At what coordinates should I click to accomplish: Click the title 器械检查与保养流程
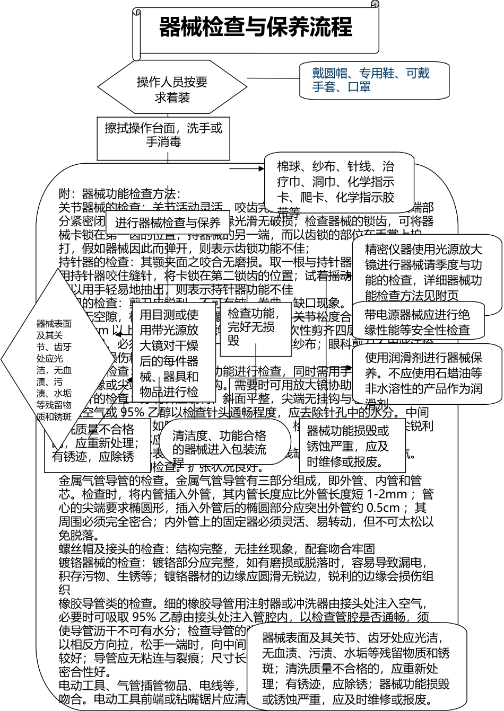tap(256, 27)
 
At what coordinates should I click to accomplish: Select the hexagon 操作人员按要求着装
tap(172, 90)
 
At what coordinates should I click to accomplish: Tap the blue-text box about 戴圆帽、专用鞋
tap(374, 81)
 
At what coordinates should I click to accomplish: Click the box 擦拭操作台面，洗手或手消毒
tap(163, 136)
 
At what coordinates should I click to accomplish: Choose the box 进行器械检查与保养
tap(168, 223)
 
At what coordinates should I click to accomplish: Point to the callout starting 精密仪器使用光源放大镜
tap(424, 272)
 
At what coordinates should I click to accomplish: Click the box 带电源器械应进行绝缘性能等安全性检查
tap(418, 322)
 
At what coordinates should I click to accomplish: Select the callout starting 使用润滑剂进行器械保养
tap(424, 373)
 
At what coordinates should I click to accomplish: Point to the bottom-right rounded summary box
tap(356, 668)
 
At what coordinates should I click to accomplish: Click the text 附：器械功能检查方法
tap(120, 194)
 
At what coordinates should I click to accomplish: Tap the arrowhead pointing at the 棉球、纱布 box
tap(262, 168)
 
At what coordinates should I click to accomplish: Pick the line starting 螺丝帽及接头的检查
tap(216, 548)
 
